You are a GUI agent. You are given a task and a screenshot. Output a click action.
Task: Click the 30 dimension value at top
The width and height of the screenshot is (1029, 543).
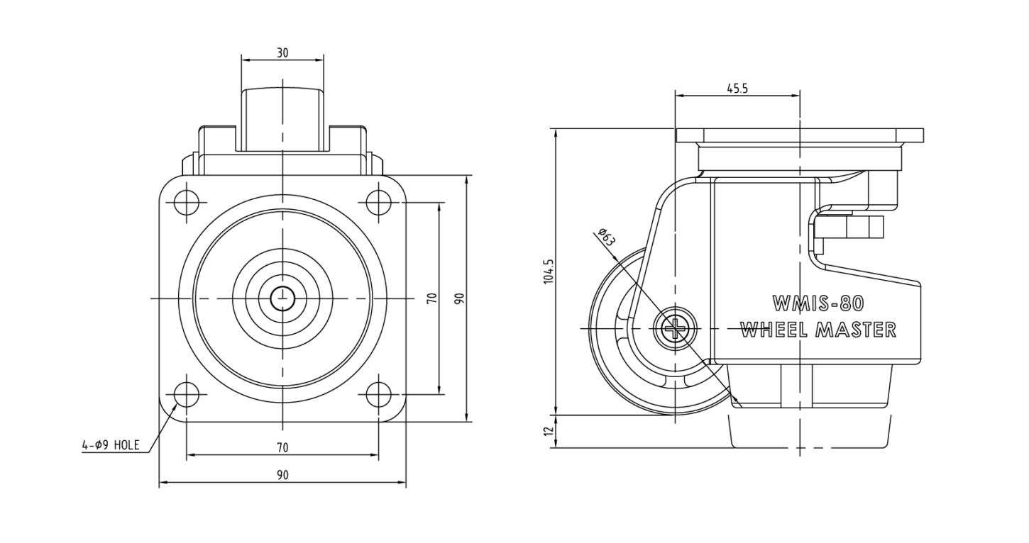click(x=282, y=52)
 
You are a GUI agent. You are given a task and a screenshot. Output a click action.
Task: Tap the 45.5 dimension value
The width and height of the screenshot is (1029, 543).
click(x=737, y=88)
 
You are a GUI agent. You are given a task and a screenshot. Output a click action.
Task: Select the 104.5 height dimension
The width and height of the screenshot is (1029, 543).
click(x=549, y=271)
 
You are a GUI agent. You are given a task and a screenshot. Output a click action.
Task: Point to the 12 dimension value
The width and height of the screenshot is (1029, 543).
click(x=549, y=431)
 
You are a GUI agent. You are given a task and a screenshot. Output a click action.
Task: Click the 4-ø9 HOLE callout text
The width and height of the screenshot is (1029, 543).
click(x=110, y=444)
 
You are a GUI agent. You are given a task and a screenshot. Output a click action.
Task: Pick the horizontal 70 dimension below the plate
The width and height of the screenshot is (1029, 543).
click(x=282, y=447)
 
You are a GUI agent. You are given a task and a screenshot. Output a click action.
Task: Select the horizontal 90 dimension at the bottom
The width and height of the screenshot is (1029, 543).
click(x=282, y=475)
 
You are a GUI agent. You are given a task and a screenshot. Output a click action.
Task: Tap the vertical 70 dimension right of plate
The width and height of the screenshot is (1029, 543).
click(x=431, y=298)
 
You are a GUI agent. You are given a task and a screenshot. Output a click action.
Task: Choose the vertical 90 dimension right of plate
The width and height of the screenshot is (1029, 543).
click(x=460, y=298)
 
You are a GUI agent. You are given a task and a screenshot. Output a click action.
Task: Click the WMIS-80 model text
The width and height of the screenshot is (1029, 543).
click(x=818, y=303)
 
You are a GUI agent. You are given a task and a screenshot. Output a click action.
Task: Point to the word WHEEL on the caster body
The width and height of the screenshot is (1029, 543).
click(x=774, y=330)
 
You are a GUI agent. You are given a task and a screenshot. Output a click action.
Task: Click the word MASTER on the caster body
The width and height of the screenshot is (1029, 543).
click(x=856, y=330)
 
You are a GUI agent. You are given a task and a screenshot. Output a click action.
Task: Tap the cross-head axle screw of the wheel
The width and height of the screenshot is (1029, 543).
click(x=675, y=329)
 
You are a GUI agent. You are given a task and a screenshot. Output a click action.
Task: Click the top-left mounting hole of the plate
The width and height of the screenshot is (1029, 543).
click(x=187, y=203)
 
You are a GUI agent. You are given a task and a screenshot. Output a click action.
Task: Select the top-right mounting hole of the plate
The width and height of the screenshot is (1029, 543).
click(x=378, y=203)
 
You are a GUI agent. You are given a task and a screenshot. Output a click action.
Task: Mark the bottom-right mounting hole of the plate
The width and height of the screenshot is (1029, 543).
click(x=378, y=394)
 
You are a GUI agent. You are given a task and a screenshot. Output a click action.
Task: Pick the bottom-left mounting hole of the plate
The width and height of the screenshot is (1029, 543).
click(x=187, y=394)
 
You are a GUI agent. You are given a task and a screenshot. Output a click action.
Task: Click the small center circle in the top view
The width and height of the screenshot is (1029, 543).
click(x=282, y=298)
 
